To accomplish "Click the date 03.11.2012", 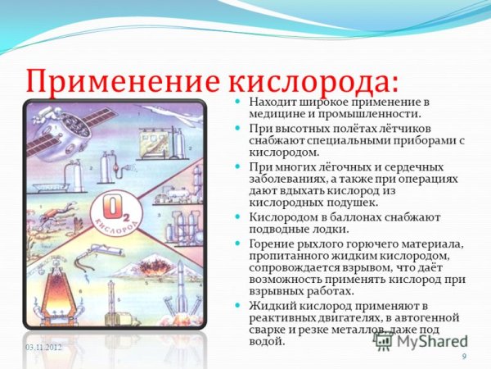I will point(43,348).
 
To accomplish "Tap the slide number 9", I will point(464,355).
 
